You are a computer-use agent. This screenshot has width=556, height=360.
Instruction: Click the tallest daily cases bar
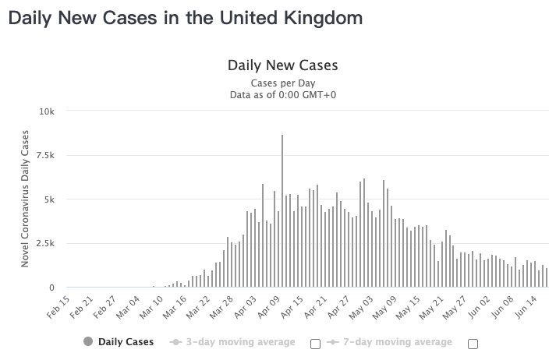tap(282, 210)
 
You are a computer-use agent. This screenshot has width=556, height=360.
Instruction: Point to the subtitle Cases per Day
tap(282, 83)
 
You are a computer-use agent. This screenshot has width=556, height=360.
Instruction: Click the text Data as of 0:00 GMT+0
tap(282, 95)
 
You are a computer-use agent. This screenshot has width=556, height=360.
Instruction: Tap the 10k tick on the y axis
tap(47, 111)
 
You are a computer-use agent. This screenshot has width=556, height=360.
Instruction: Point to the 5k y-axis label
tap(48, 199)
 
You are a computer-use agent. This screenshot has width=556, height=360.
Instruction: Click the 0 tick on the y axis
tap(51, 288)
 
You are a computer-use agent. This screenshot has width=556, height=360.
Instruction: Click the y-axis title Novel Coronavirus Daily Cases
tap(26, 199)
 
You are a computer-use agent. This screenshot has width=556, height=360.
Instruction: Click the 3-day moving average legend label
tap(241, 342)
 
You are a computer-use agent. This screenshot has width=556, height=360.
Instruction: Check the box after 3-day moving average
tap(315, 344)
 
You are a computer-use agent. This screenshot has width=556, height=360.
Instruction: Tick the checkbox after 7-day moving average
tap(473, 344)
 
